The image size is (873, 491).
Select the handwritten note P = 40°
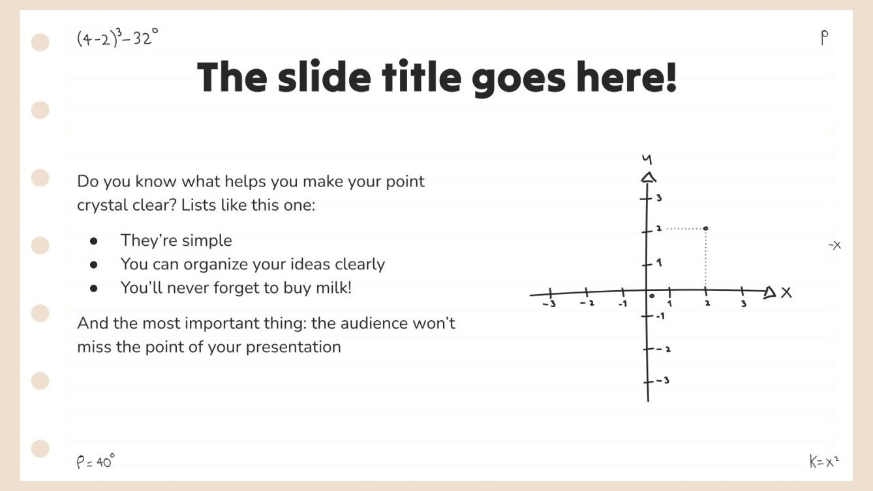coord(95,462)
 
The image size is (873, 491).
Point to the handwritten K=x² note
coord(823,462)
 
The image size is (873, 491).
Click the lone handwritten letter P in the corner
coord(825,38)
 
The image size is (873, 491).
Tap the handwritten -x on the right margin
coord(834,245)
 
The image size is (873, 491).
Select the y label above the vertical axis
coord(647,159)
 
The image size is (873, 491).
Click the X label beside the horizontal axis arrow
coord(786,293)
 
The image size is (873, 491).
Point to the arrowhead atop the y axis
coord(648,177)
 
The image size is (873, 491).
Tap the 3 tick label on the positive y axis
coord(659,198)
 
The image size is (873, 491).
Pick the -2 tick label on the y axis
coord(664,350)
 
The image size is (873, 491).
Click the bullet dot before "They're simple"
coord(94,241)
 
